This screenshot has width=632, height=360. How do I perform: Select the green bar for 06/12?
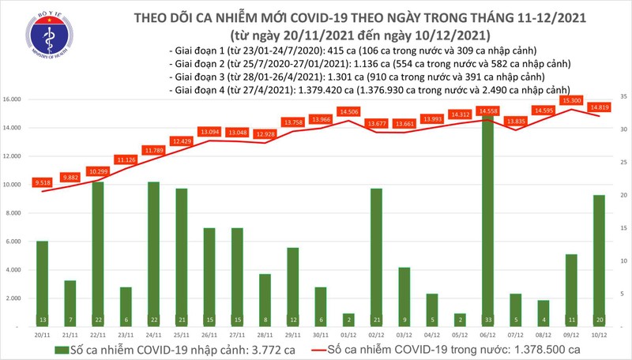pos(487,221)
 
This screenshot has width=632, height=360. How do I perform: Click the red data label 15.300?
pos(571,101)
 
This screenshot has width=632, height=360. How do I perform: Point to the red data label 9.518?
pos(42,182)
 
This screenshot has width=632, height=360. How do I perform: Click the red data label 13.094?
pos(209,132)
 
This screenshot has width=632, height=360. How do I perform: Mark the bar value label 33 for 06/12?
pos(487,320)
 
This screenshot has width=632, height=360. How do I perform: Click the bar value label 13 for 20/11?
pos(42,320)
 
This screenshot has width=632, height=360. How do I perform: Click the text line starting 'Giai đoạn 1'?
pos(340,51)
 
